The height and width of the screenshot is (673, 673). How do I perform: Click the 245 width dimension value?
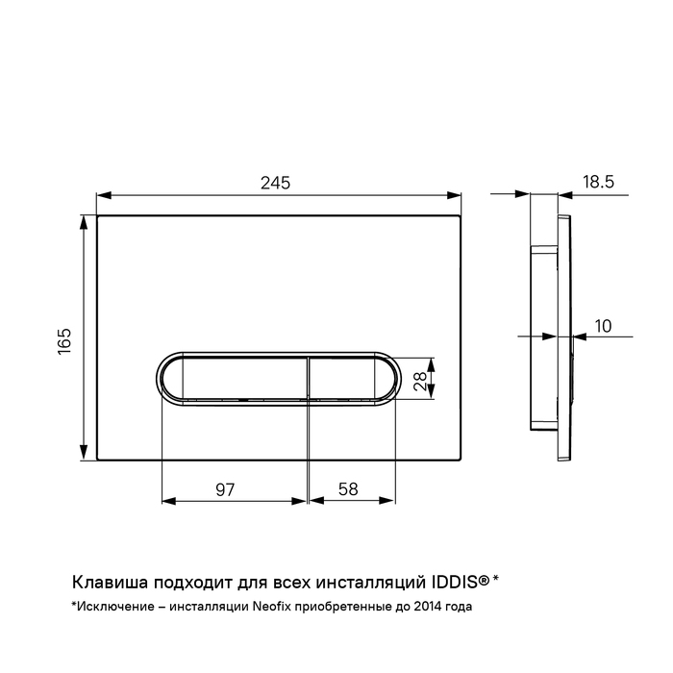276,184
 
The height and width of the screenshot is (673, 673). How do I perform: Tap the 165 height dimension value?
64,341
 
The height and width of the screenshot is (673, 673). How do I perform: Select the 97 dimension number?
225,489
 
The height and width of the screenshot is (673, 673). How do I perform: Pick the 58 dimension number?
348,489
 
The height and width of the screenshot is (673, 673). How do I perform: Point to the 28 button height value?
420,381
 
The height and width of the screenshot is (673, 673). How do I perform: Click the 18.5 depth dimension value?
598,182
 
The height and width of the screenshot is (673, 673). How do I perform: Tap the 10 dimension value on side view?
603,326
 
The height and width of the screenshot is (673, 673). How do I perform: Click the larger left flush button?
234,378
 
